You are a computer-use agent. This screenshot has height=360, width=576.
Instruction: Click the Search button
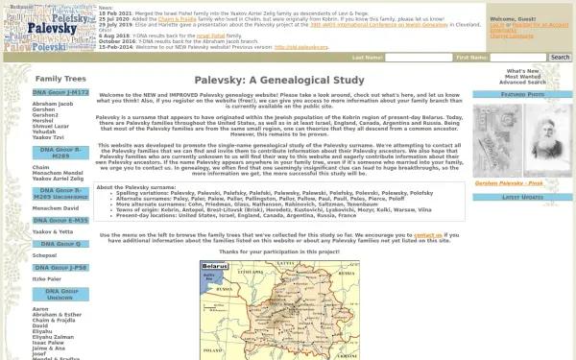click(560, 58)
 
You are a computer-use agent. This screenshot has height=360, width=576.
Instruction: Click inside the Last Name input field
click(418, 58)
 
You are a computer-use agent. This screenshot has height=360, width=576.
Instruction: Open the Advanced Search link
click(522, 83)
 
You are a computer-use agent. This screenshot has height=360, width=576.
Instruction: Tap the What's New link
click(522, 71)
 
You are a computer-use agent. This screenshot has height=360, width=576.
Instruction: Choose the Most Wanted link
click(522, 77)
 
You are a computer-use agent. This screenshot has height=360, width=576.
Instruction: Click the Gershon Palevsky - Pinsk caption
click(522, 181)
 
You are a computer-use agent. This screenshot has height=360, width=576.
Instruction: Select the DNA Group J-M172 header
click(60, 93)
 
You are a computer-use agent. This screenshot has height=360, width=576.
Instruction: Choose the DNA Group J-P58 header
click(60, 268)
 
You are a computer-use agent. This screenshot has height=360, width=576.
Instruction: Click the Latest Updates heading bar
click(522, 197)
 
